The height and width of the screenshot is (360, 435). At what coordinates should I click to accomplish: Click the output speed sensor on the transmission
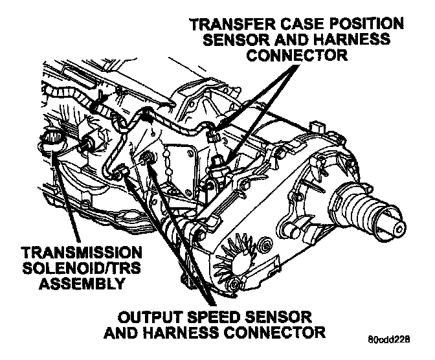click(x=148, y=159)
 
